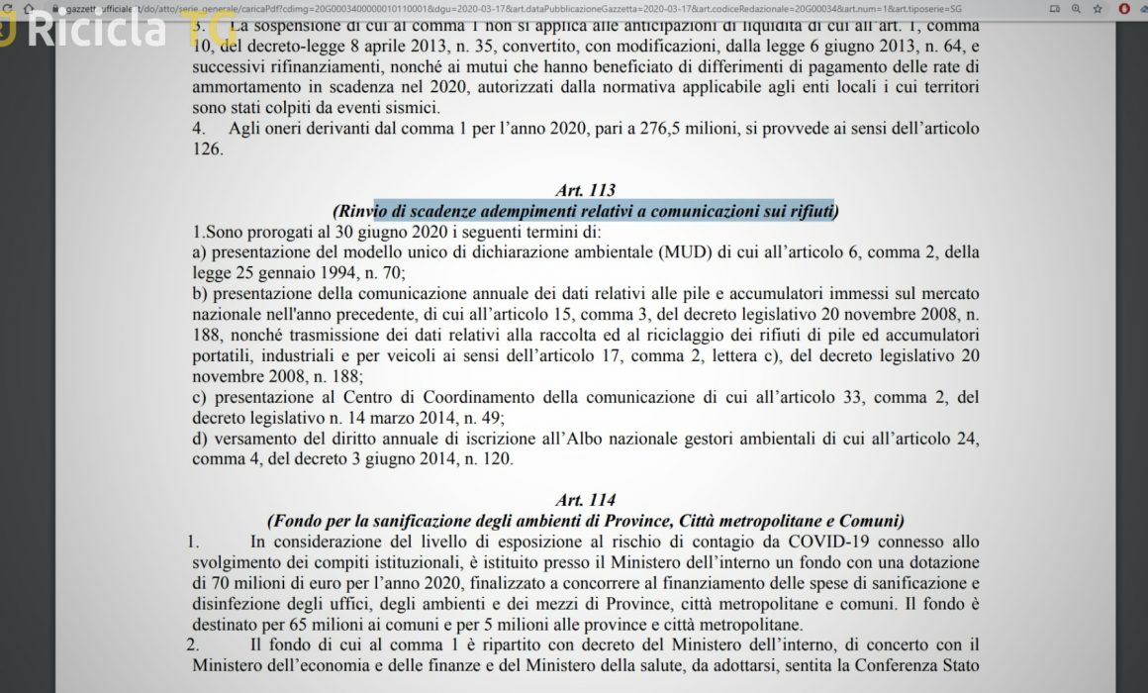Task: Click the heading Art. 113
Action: [586, 190]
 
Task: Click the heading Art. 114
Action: [586, 500]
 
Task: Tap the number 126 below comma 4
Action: [208, 150]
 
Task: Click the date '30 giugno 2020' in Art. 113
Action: [351, 232]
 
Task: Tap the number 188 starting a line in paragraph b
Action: [206, 336]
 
